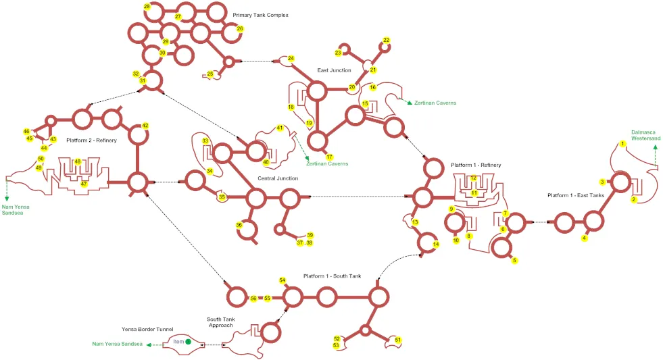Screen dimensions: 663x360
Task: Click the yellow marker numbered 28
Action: click(x=147, y=7)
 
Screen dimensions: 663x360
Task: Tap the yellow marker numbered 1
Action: click(x=622, y=144)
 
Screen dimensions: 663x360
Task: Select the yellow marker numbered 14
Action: click(x=436, y=245)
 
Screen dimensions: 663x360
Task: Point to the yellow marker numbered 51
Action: click(x=398, y=340)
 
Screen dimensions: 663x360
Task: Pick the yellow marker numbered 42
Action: click(x=145, y=126)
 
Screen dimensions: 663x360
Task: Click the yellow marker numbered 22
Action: click(x=386, y=40)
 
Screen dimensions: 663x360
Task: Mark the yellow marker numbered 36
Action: click(x=239, y=225)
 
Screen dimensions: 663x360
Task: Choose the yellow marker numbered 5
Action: click(x=514, y=260)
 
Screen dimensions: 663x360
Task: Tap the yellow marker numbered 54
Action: click(x=283, y=280)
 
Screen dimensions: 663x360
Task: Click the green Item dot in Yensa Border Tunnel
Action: click(x=188, y=341)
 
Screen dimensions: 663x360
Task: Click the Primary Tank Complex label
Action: click(x=260, y=16)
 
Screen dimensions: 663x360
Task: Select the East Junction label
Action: click(x=334, y=70)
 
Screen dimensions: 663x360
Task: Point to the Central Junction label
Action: click(x=278, y=178)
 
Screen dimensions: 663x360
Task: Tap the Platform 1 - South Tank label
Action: click(x=333, y=276)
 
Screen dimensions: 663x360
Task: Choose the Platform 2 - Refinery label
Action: click(x=91, y=140)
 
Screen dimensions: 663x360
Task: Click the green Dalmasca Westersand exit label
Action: click(x=645, y=135)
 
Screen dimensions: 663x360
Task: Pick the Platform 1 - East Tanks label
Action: click(x=576, y=195)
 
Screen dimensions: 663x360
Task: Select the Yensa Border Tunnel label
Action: click(x=147, y=329)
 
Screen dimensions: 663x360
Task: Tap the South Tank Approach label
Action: click(x=221, y=322)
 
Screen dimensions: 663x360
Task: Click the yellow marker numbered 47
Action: click(x=84, y=184)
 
